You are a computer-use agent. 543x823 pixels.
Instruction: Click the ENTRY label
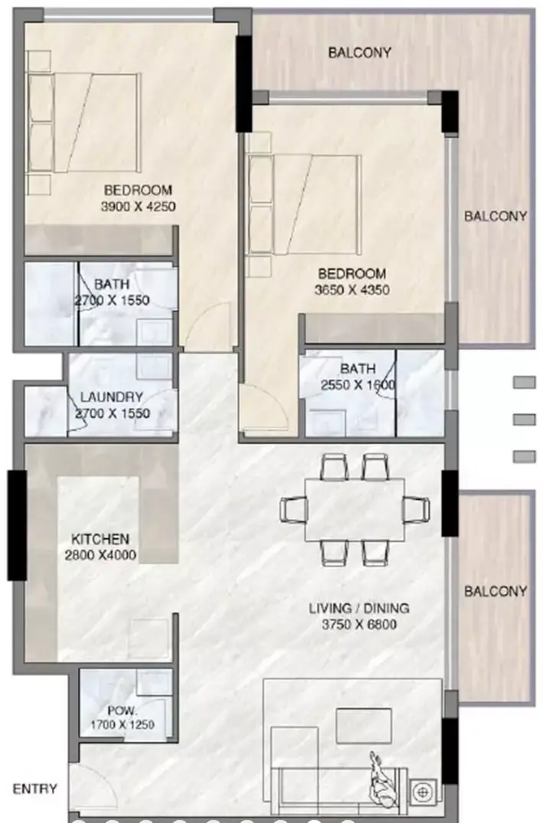tap(34, 789)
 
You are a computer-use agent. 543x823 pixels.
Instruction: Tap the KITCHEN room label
tap(100, 539)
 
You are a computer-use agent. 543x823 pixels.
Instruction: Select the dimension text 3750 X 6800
tap(359, 625)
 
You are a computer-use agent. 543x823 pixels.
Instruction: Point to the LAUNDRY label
tap(111, 397)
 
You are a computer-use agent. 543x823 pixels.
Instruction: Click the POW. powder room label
tap(122, 711)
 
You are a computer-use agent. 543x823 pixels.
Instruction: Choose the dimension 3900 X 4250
tap(138, 206)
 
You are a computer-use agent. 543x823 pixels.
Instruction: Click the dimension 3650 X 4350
tap(353, 289)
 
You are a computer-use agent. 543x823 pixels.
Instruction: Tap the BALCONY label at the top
tap(359, 53)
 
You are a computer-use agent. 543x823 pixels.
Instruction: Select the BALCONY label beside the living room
tap(496, 592)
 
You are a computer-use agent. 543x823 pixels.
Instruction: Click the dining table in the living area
tap(355, 509)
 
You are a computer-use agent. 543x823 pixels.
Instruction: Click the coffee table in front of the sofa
tap(364, 726)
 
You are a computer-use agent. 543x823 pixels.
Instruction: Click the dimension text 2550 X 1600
tap(358, 385)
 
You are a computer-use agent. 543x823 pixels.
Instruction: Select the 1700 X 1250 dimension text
tap(122, 725)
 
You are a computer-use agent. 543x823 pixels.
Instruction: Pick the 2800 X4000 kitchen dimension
tap(100, 555)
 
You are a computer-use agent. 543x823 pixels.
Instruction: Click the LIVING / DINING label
tap(359, 609)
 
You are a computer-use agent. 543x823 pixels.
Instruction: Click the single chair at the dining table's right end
tap(417, 509)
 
